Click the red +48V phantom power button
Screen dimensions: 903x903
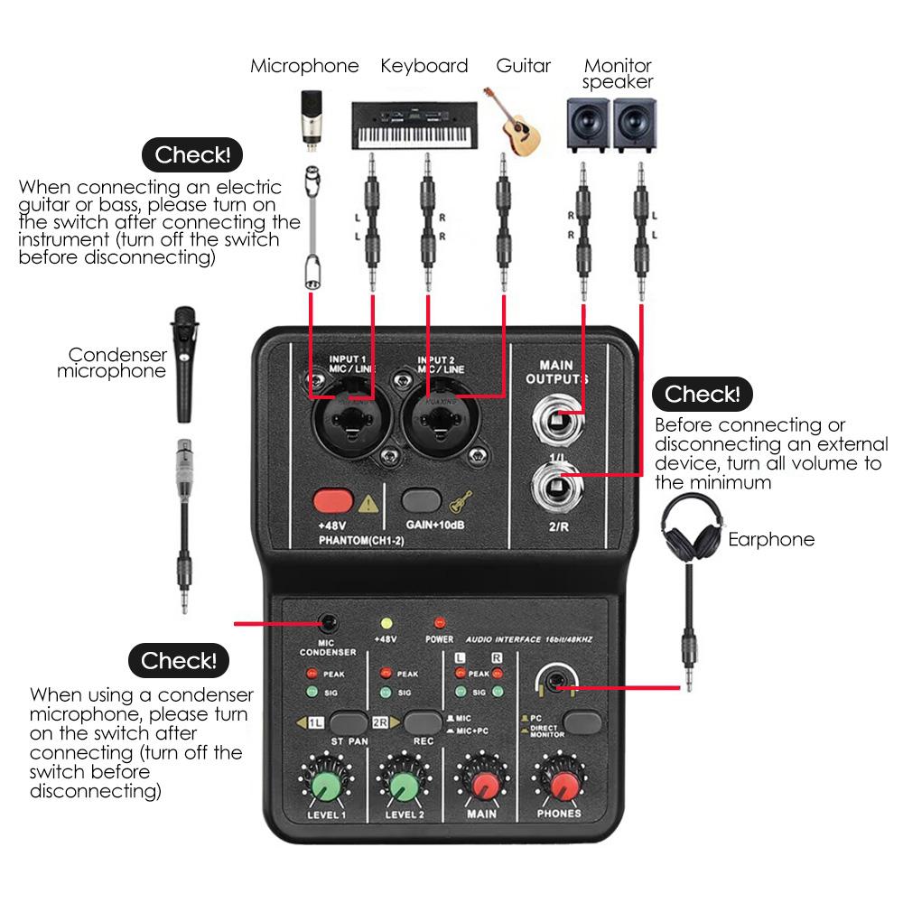[331, 500]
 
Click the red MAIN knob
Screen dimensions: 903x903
[482, 782]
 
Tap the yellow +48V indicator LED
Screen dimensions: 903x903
[386, 623]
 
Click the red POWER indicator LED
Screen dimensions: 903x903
[440, 623]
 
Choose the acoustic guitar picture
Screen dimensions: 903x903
[514, 121]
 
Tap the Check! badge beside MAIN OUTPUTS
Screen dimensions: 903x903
[702, 394]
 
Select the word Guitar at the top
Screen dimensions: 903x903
[523, 66]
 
